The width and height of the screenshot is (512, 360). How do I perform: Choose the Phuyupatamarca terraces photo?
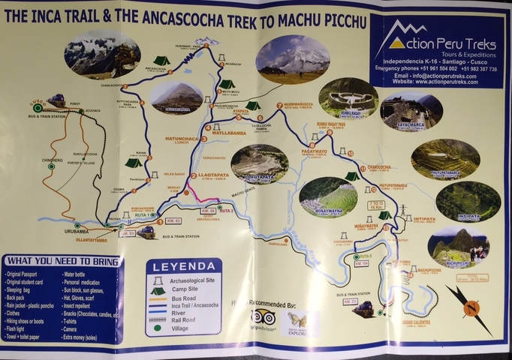(446, 158)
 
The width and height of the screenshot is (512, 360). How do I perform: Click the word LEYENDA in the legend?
(183, 266)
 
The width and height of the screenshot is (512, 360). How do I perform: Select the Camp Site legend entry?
(186, 289)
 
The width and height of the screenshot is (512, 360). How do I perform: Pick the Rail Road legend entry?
(182, 319)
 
